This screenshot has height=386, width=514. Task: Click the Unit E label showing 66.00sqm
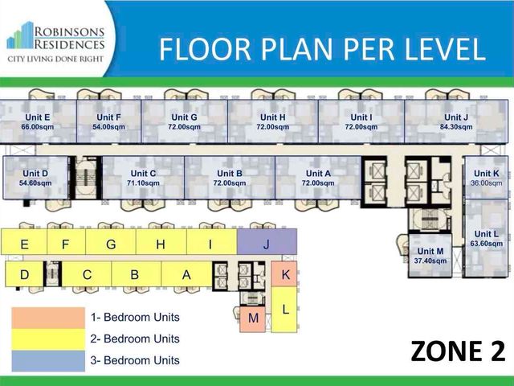pos(38,121)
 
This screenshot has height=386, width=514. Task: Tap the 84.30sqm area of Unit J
pos(456,127)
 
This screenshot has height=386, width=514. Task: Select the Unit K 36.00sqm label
pos(486,178)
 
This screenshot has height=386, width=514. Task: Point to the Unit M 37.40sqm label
pos(430,256)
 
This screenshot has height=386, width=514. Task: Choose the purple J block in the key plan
pos(267,241)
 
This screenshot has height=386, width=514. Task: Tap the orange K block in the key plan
pos(284,273)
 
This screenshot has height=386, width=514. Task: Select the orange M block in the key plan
pos(252,319)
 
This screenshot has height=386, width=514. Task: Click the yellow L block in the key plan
pos(284,309)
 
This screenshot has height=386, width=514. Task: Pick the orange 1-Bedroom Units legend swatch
pos(48,318)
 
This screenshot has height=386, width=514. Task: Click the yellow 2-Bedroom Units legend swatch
pos(48,339)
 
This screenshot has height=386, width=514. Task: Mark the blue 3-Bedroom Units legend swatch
pos(48,361)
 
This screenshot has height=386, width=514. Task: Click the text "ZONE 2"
pos(458,351)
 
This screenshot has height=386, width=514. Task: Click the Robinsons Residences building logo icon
pos(20,35)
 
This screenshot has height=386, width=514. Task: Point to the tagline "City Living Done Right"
pos(55,59)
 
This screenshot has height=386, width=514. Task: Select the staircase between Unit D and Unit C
pos(86,178)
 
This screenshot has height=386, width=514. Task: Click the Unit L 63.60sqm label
pos(486,239)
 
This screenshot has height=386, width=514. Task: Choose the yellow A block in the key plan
pos(186,274)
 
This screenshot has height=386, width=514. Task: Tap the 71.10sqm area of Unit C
pos(143,183)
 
